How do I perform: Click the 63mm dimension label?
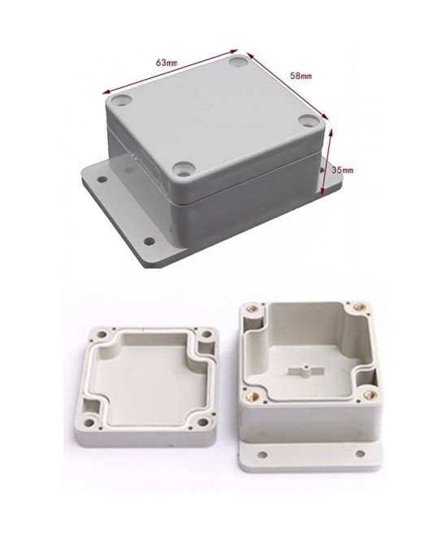click(x=168, y=62)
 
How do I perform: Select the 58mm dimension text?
click(x=301, y=76)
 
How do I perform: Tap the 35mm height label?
click(x=343, y=169)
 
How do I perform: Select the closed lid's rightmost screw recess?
click(x=310, y=122)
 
